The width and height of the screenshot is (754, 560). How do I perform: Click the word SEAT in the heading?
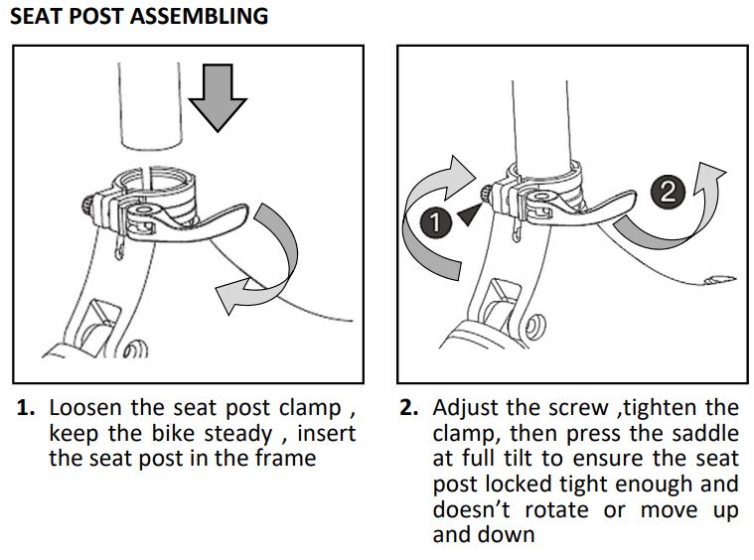[37, 17]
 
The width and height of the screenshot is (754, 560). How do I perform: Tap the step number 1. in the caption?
[27, 409]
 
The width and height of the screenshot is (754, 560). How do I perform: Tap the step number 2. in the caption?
[410, 409]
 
